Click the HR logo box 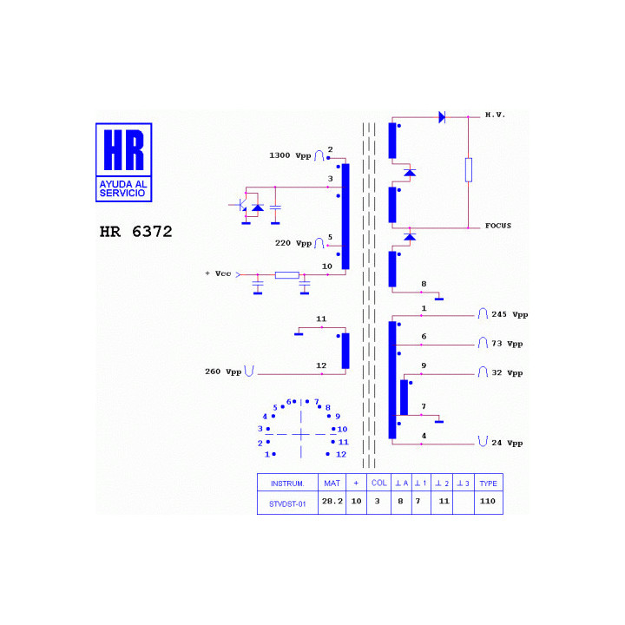pyautogui.click(x=123, y=162)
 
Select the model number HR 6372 pyautogui.click(x=136, y=232)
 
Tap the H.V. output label pyautogui.click(x=495, y=115)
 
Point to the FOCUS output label pyautogui.click(x=498, y=226)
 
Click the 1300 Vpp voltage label pyautogui.click(x=290, y=155)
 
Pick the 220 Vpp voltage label pyautogui.click(x=293, y=243)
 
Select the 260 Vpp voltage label pyautogui.click(x=223, y=372)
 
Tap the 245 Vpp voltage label pyautogui.click(x=510, y=314)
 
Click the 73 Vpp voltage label pyautogui.click(x=507, y=344)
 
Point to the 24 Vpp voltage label pyautogui.click(x=507, y=443)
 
